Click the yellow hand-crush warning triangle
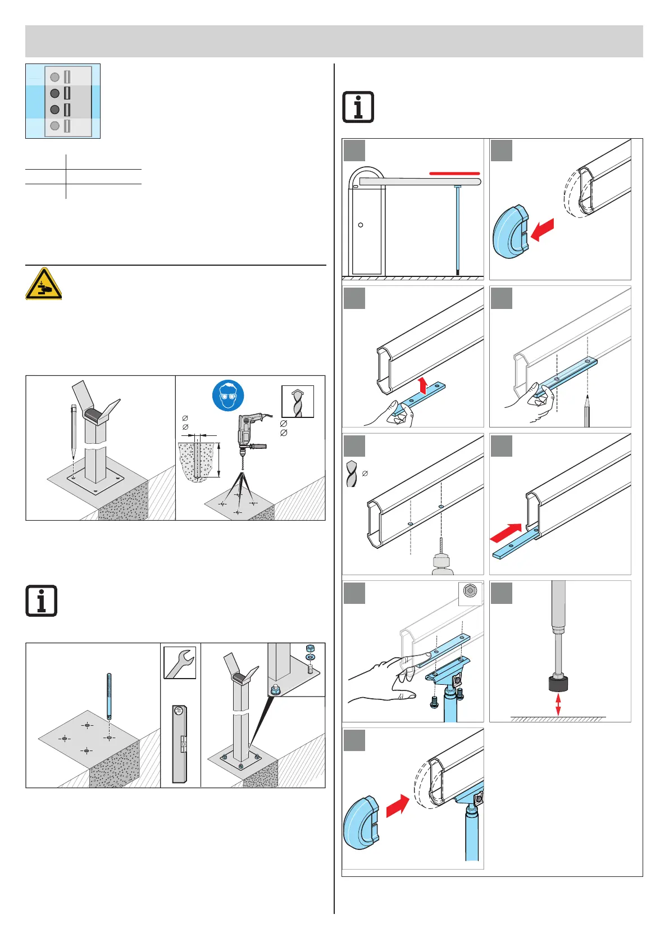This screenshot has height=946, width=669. [x=43, y=284]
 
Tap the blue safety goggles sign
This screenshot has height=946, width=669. [x=228, y=395]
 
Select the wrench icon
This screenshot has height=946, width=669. [x=180, y=663]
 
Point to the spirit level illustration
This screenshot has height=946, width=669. [x=180, y=744]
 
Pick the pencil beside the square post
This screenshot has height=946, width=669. [x=74, y=430]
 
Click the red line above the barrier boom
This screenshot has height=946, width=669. [x=454, y=174]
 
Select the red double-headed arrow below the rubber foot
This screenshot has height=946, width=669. [x=558, y=704]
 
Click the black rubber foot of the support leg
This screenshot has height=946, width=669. [x=558, y=684]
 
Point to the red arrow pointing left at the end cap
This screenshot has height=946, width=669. [x=542, y=229]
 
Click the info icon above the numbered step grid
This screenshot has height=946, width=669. [x=358, y=107]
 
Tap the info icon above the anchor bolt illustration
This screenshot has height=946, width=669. [x=41, y=601]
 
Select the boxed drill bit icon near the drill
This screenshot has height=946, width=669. [x=297, y=402]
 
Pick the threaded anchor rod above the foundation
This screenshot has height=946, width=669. [x=108, y=695]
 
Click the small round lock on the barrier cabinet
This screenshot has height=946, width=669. [x=361, y=225]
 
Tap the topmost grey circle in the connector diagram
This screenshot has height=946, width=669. [x=54, y=77]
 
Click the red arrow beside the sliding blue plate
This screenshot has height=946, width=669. [x=506, y=533]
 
